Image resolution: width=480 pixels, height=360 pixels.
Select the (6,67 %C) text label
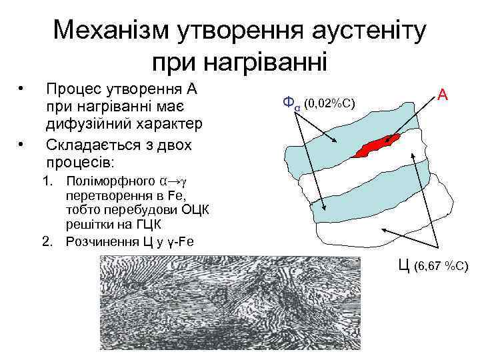tap(441, 267)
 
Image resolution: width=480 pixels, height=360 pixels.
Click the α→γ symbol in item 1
tap(172, 180)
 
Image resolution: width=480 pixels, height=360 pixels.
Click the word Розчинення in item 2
tap(101, 241)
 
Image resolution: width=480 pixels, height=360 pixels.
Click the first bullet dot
tap(22, 88)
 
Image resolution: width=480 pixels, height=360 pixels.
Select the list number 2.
tap(47, 241)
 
